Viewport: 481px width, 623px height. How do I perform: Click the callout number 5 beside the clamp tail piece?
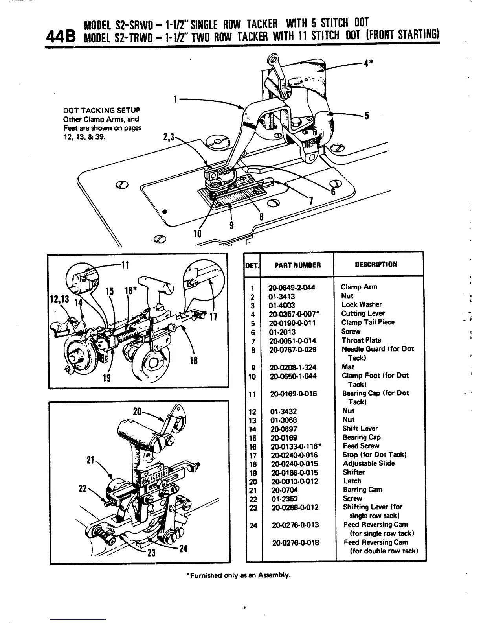[366, 116]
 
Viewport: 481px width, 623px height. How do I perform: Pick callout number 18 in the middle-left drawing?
[193, 361]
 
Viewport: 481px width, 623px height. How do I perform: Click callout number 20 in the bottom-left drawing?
[137, 412]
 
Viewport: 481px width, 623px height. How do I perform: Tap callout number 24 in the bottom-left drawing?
[183, 549]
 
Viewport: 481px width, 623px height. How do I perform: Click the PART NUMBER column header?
[297, 265]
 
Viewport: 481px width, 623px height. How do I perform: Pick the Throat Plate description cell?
[361, 340]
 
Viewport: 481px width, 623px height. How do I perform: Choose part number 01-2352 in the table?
[284, 499]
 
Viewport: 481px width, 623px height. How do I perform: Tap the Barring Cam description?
[362, 490]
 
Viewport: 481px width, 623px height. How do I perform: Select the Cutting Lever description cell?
[363, 313]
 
